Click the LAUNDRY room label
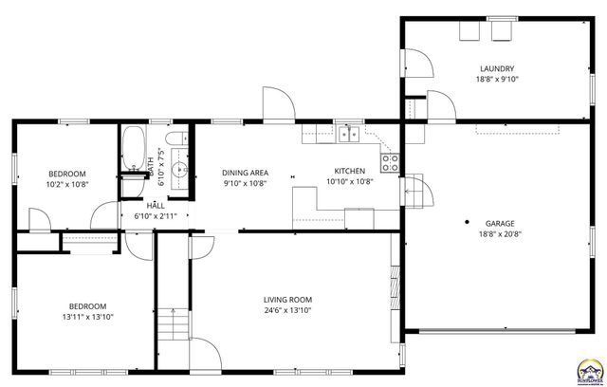pyautogui.click(x=497, y=68)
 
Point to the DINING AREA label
pyautogui.click(x=245, y=172)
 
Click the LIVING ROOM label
pyautogui.click(x=287, y=299)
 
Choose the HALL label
pyautogui.click(x=156, y=205)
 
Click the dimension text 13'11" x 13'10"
pyautogui.click(x=87, y=317)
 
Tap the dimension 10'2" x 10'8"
pyautogui.click(x=67, y=184)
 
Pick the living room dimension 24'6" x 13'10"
pyautogui.click(x=287, y=310)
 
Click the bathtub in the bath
pyautogui.click(x=133, y=149)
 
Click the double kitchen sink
pyautogui.click(x=350, y=134)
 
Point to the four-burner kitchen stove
pyautogui.click(x=390, y=158)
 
